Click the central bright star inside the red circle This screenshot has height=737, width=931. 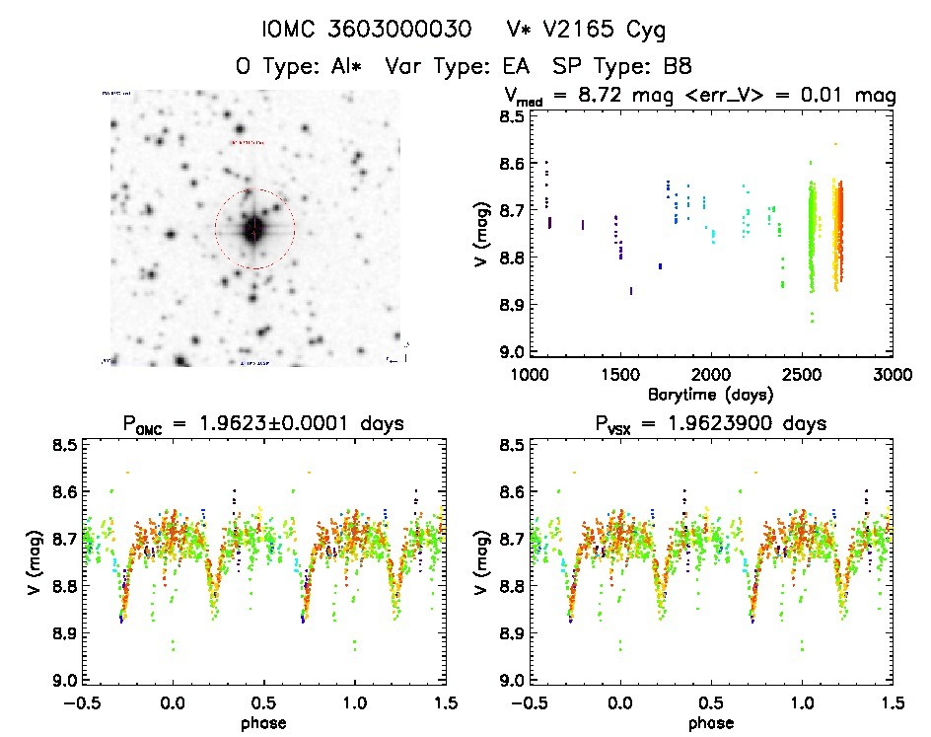click(x=254, y=229)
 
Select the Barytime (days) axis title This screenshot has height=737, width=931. click(x=710, y=394)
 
